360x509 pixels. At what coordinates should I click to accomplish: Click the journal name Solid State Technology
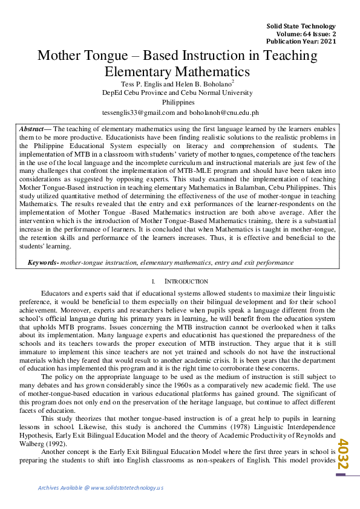point(301,26)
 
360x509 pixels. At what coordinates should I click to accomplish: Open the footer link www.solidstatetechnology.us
point(127,488)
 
